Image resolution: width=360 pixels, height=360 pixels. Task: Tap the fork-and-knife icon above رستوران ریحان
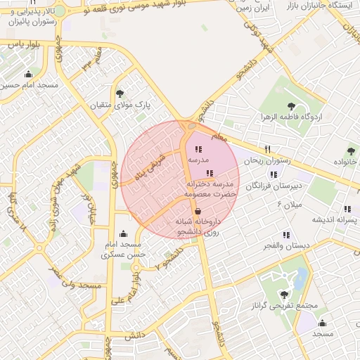(x=267, y=149)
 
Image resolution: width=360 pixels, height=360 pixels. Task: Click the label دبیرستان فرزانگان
(x=276, y=186)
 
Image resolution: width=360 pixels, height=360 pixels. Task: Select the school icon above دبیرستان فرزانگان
(x=274, y=174)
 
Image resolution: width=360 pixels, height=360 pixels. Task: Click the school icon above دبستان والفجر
(x=285, y=234)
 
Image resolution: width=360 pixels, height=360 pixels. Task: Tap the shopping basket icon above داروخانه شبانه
(x=198, y=210)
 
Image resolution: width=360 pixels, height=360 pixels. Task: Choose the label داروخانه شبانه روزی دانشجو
(x=198, y=226)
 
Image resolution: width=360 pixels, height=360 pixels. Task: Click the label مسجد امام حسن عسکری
(x=124, y=250)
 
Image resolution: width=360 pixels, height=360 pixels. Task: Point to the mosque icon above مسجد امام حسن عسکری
(x=124, y=233)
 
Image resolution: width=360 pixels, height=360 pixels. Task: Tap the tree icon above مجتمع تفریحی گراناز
(x=284, y=295)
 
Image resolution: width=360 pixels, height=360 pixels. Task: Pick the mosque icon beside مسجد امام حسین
(x=28, y=74)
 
